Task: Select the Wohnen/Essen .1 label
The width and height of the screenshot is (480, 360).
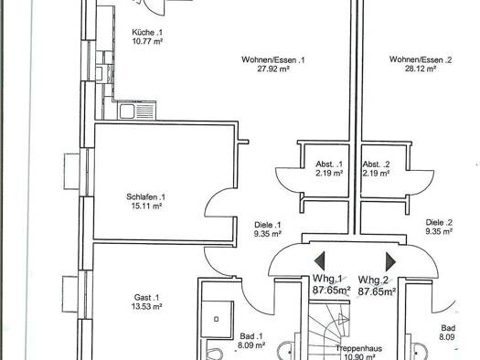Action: point(272,59)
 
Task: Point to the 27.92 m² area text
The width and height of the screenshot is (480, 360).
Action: point(272,69)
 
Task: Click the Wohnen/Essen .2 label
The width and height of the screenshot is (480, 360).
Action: point(421,59)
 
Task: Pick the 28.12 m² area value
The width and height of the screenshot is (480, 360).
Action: point(421,69)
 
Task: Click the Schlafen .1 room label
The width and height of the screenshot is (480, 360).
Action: point(146,196)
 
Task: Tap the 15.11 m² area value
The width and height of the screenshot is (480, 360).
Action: point(146,206)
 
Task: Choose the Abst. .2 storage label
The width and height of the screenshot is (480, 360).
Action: point(375,164)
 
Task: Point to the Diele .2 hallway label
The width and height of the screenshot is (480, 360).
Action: point(439,222)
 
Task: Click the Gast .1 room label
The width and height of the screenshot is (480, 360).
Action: point(146,297)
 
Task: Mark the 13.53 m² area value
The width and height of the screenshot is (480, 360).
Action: point(146,307)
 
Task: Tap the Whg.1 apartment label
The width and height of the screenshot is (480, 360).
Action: point(327,280)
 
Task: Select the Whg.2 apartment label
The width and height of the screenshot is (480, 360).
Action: point(374,280)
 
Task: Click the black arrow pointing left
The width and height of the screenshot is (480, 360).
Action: point(319,260)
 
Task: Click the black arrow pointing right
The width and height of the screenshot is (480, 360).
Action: point(391,260)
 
